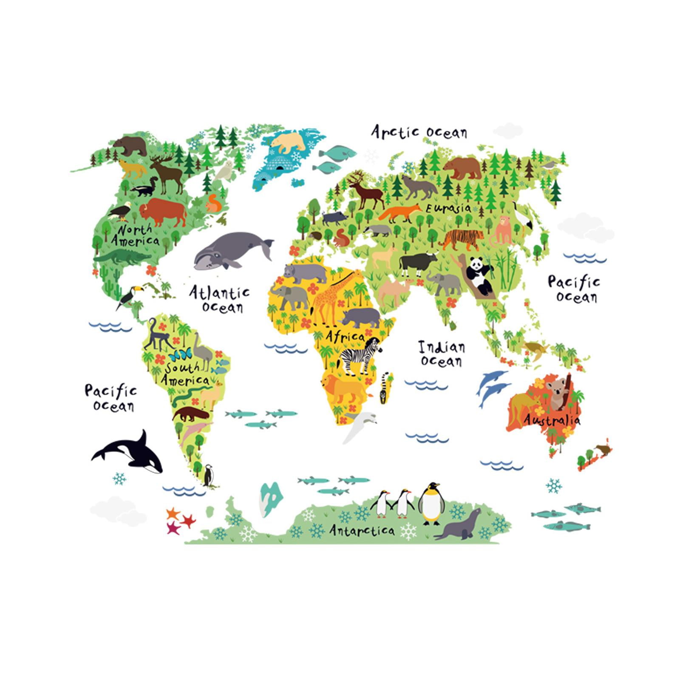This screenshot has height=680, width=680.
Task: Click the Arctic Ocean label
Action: (419, 132)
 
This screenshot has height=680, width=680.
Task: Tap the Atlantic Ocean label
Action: (219, 299)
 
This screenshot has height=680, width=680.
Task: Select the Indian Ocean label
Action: (442, 354)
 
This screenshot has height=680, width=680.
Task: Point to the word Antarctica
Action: (362, 530)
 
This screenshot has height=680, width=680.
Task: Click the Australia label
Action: (552, 420)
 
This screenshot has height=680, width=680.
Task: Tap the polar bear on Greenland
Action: (288, 142)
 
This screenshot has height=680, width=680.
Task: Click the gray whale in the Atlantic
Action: (229, 251)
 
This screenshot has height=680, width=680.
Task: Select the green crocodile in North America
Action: (121, 257)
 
